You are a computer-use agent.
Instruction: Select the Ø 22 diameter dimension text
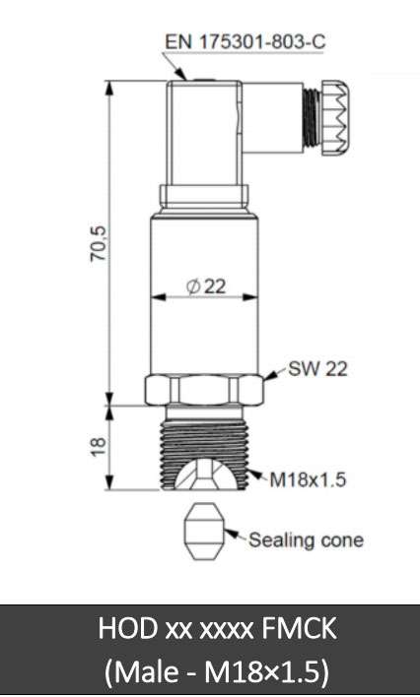(206, 286)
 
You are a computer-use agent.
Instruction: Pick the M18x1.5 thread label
(310, 480)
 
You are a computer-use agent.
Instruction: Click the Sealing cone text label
(306, 539)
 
